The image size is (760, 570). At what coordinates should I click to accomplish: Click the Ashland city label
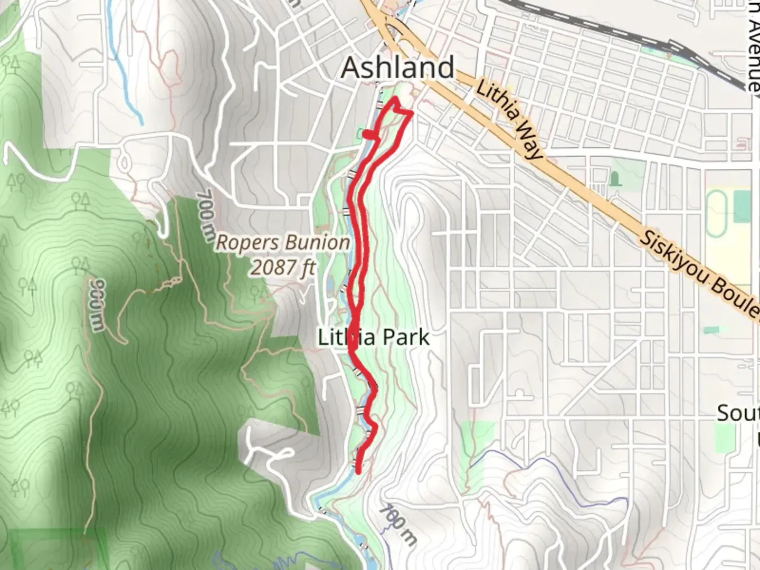coord(397,68)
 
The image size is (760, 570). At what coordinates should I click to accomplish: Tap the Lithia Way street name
coord(509,120)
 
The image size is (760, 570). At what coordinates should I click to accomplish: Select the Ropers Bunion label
coord(283,243)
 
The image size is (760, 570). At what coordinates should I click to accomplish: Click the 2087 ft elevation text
coord(282,267)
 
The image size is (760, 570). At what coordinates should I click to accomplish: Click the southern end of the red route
coord(358,471)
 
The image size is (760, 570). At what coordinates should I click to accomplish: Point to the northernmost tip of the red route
coord(394,99)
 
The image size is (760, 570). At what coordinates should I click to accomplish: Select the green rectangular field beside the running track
coord(742,206)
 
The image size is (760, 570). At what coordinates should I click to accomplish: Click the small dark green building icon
coord(614,179)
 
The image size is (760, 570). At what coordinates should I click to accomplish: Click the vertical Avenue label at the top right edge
coord(753,45)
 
